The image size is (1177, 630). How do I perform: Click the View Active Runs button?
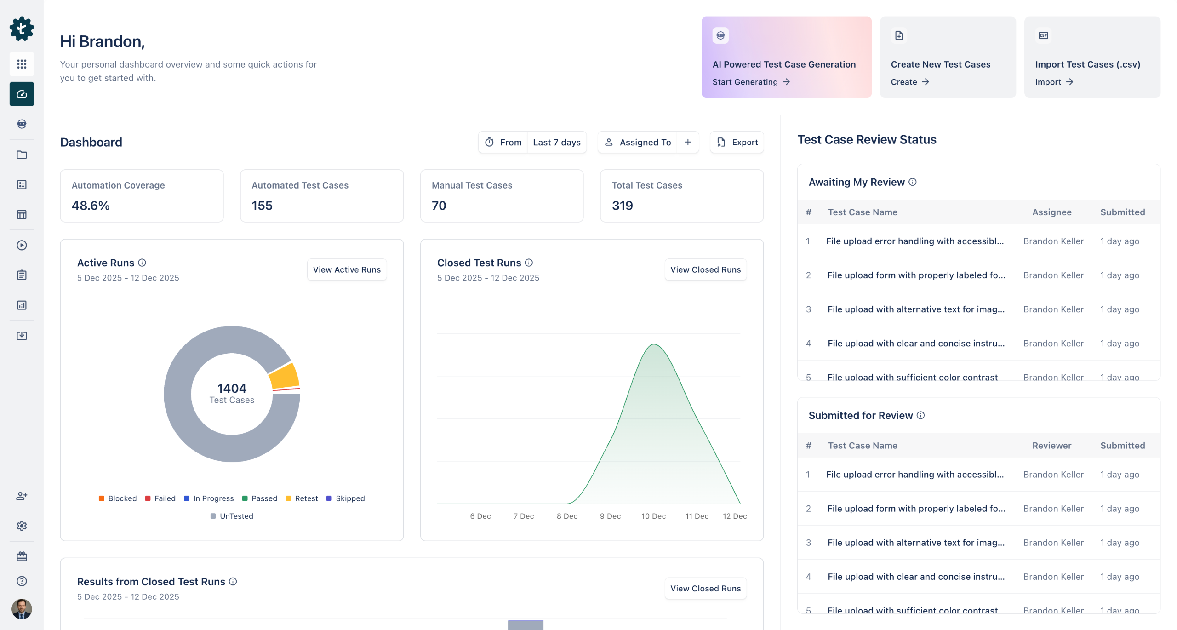pos(347,269)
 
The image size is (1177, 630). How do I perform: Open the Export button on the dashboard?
pos(737,142)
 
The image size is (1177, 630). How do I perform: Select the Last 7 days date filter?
pos(556,142)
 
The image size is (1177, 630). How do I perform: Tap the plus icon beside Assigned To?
pos(688,142)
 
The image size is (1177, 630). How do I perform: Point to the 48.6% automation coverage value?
pos(91,206)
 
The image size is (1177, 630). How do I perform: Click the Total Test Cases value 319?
pos(622,206)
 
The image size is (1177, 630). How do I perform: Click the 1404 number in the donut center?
pos(232,388)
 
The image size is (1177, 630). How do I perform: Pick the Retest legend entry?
pos(302,498)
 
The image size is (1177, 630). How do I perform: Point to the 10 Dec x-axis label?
pos(653,516)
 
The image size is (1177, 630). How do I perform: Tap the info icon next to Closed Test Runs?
pos(529,263)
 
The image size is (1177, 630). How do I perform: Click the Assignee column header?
pos(1051,212)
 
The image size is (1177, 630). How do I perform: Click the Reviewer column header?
pos(1051,445)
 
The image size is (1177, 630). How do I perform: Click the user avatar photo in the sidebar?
pos(22,609)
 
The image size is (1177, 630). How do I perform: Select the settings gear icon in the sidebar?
pos(22,526)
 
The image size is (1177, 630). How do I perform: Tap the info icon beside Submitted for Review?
pos(920,415)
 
